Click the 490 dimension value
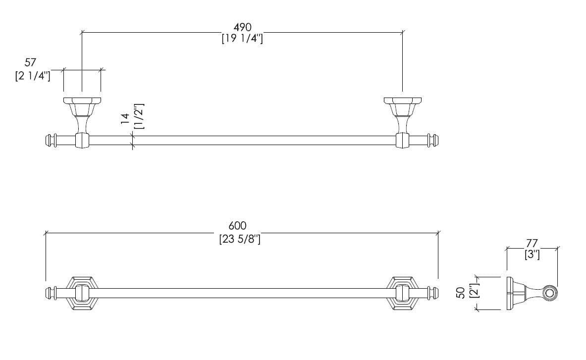tap(242, 27)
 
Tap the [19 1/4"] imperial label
tap(242, 39)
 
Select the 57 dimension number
tap(31, 63)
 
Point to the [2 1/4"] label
tap(33, 77)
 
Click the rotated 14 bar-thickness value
tap(125, 117)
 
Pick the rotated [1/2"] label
tap(139, 116)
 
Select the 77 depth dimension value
tap(532, 244)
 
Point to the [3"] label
tap(532, 255)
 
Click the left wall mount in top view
tap(82, 116)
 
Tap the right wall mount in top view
tap(402, 116)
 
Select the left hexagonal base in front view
tap(82, 293)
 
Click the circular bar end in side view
tap(548, 294)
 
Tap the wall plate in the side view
tap(509, 294)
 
